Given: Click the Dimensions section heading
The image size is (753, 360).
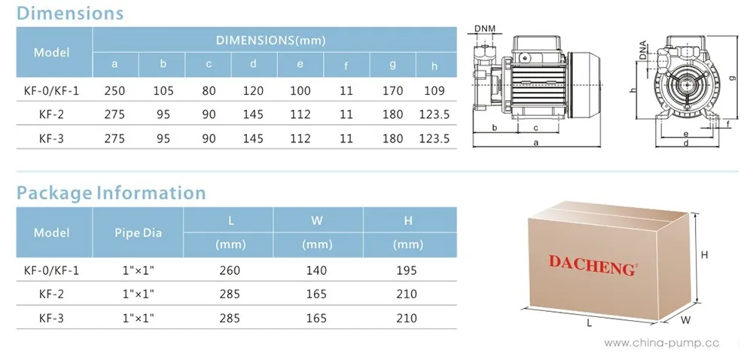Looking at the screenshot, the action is click(x=70, y=13).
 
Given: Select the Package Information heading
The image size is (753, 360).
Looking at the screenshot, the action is click(x=111, y=193).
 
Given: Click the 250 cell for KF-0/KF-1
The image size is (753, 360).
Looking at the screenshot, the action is click(x=114, y=90).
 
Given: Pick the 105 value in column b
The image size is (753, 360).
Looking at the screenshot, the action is click(x=163, y=90).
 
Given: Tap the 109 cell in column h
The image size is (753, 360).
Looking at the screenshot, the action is click(x=434, y=90).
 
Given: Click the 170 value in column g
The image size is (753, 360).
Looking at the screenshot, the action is click(x=393, y=90).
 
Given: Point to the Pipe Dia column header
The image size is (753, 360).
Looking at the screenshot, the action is click(x=139, y=233).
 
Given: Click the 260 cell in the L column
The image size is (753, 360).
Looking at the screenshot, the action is click(x=230, y=270).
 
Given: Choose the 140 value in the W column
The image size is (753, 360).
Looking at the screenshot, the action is click(x=316, y=270).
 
